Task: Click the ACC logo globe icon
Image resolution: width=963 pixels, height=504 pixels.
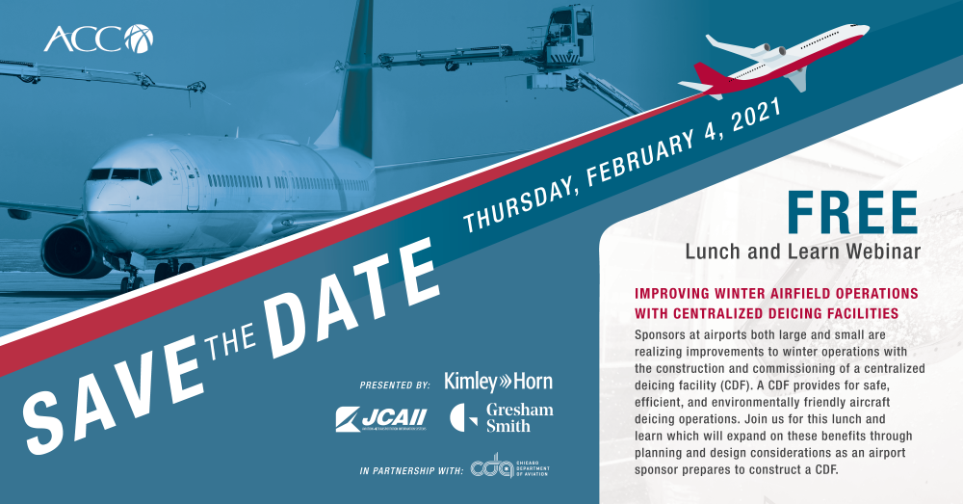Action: point(139,39)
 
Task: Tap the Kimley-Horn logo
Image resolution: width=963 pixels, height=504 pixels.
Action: point(498,382)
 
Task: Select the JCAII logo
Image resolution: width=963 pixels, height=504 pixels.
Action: point(380,419)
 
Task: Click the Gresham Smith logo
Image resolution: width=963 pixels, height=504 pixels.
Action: point(501,418)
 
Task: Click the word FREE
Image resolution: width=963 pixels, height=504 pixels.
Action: point(852,213)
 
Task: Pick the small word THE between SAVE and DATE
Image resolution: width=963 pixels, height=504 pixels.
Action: point(230,341)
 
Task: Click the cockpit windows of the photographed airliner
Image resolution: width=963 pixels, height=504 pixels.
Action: point(124,175)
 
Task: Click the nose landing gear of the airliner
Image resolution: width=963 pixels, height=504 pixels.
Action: point(131,278)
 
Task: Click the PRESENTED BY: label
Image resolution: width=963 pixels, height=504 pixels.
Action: point(395,385)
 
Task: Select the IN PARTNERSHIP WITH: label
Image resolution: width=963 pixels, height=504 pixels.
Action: point(411,471)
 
